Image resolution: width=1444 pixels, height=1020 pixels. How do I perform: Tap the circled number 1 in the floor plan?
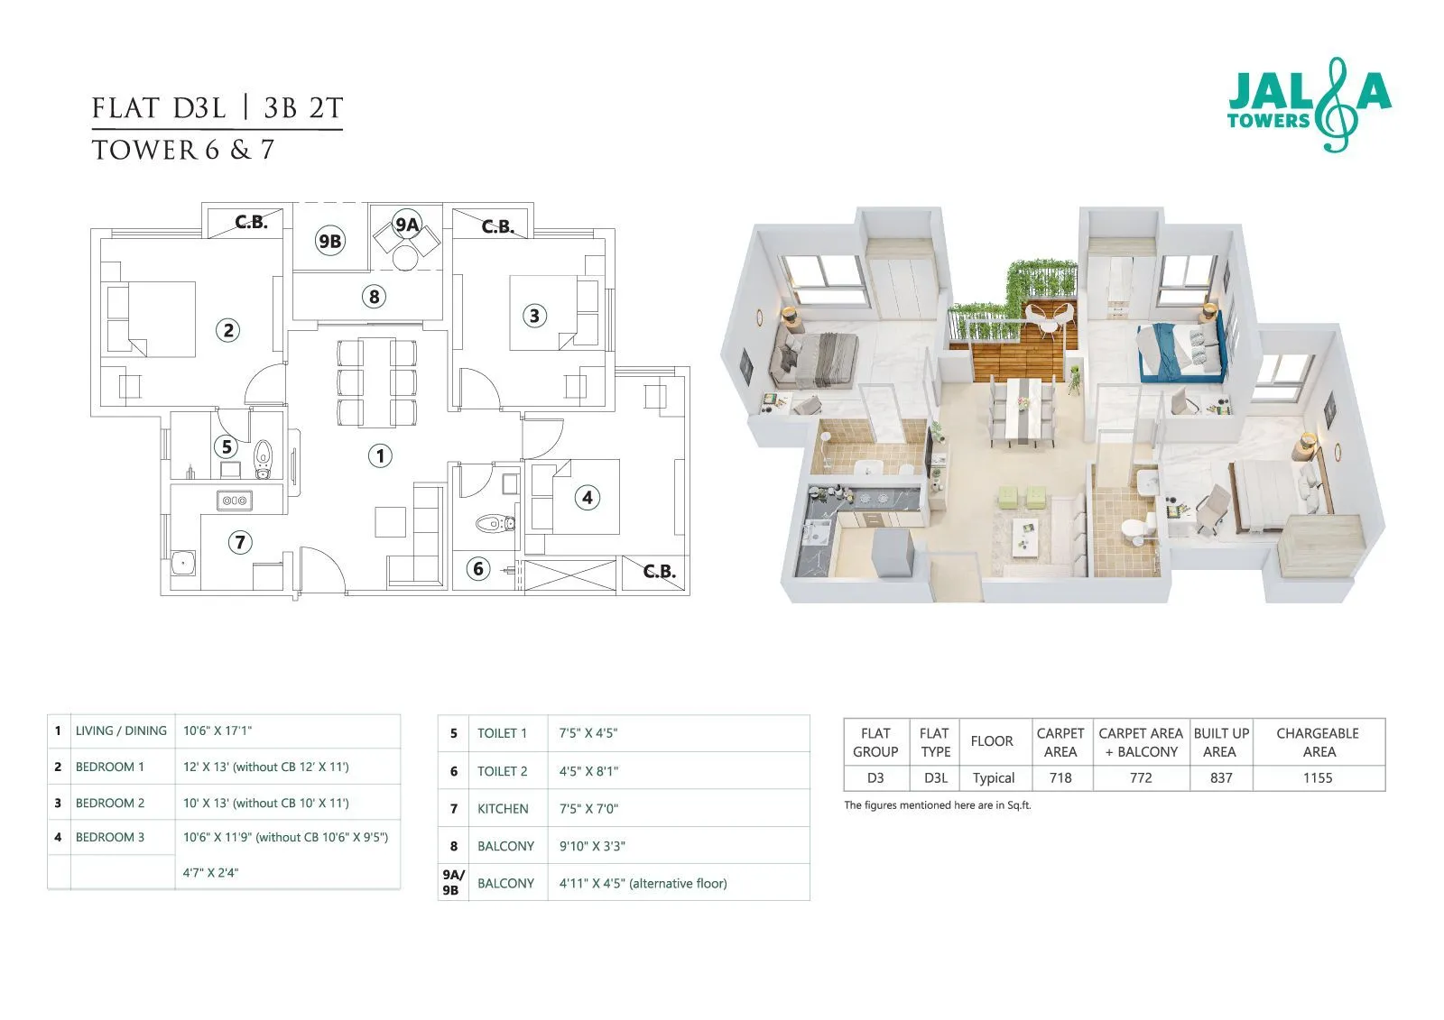click(380, 455)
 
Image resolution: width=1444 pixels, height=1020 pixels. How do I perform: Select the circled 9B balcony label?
click(329, 241)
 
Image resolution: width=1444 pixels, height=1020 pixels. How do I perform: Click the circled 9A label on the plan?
click(407, 225)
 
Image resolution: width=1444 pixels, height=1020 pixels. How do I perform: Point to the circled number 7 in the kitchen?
click(239, 542)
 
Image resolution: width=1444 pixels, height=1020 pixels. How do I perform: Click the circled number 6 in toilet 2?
click(478, 568)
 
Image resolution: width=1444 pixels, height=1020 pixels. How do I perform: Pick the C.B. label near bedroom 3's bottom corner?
click(659, 571)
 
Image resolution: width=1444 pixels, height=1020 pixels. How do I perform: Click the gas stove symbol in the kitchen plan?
click(235, 500)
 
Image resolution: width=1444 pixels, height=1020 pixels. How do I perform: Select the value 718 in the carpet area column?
click(1060, 777)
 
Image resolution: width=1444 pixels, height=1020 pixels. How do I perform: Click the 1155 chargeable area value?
click(1317, 777)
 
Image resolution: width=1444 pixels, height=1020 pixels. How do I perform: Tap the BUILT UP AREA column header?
click(1220, 742)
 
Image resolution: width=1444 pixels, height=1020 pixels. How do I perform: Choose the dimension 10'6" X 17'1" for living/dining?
click(218, 731)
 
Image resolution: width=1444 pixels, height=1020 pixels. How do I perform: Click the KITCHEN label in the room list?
click(503, 809)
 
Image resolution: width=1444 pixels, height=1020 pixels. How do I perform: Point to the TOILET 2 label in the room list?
click(502, 771)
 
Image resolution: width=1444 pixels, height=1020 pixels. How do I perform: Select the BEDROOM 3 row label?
click(109, 837)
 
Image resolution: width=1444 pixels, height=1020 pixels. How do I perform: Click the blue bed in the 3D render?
click(1173, 352)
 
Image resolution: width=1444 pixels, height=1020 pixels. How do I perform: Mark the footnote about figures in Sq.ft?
click(937, 805)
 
